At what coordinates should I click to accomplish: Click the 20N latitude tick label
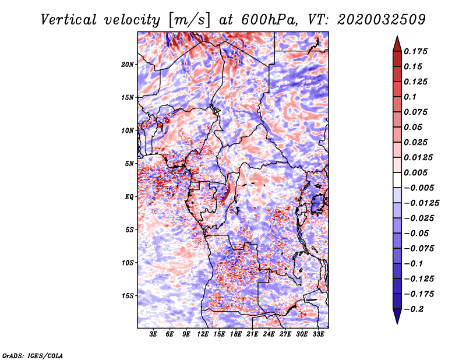[x=128, y=64]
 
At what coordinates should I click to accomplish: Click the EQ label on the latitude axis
[x=129, y=197]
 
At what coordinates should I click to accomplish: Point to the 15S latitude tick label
[x=128, y=296]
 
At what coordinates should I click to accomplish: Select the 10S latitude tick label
[x=128, y=263]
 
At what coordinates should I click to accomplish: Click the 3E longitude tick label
[x=154, y=335]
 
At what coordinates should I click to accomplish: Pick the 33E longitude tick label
[x=318, y=335]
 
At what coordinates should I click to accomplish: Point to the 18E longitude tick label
[x=236, y=335]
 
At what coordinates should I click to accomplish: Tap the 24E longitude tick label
[x=269, y=335]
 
